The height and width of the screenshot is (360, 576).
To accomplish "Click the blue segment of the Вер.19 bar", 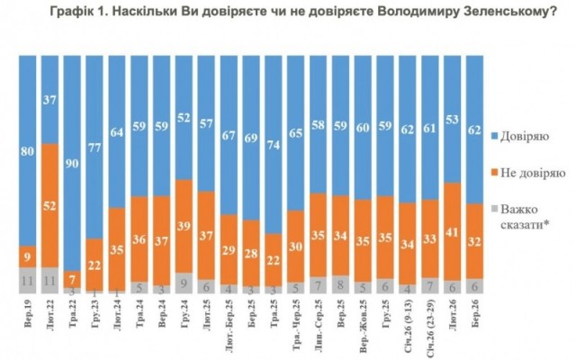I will [27, 149].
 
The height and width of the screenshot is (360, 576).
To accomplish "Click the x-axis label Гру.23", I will [95, 318].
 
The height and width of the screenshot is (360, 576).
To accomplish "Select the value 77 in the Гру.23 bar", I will [95, 146].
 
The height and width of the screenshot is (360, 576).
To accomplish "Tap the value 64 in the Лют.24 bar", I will [118, 131].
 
